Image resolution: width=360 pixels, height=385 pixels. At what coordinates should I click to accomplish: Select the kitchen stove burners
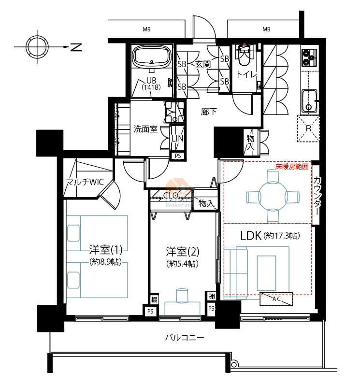pyautogui.click(x=309, y=57)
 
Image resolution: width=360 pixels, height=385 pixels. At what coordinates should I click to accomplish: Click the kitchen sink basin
pyautogui.click(x=309, y=101)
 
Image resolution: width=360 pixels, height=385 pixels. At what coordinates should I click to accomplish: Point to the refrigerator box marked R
pyautogui.click(x=308, y=128)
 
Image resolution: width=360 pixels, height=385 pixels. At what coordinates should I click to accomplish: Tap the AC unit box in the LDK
pyautogui.click(x=276, y=299)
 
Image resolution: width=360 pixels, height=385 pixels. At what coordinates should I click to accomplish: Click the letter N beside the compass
pyautogui.click(x=76, y=47)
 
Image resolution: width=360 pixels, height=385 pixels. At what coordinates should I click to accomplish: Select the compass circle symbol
pyautogui.click(x=37, y=47)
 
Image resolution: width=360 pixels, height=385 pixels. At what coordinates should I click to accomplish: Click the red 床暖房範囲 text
pyautogui.click(x=291, y=167)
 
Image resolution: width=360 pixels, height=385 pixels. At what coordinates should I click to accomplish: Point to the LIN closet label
pyautogui.click(x=177, y=139)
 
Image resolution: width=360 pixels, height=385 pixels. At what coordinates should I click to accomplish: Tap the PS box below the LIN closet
pyautogui.click(x=178, y=156)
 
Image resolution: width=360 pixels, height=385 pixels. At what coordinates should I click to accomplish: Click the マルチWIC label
pyautogui.click(x=85, y=182)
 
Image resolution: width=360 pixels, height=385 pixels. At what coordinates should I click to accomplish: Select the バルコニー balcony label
pyautogui.click(x=185, y=338)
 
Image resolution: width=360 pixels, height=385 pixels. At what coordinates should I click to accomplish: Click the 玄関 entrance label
pyautogui.click(x=203, y=64)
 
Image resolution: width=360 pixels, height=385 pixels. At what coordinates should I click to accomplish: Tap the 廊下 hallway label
pyautogui.click(x=209, y=112)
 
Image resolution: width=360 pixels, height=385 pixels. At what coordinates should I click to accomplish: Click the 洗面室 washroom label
pyautogui.click(x=145, y=129)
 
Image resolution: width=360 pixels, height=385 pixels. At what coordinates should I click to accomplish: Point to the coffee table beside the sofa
pyautogui.click(x=266, y=273)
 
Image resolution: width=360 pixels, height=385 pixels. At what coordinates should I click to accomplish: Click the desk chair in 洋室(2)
pyautogui.click(x=182, y=295)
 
